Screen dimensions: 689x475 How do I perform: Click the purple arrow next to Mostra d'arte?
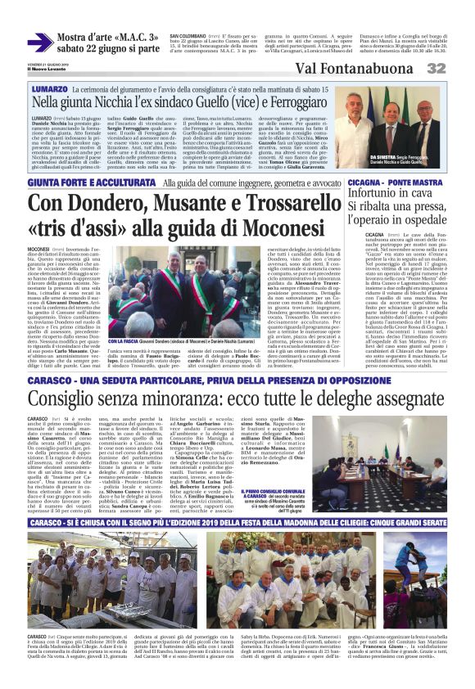[x=40, y=42]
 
